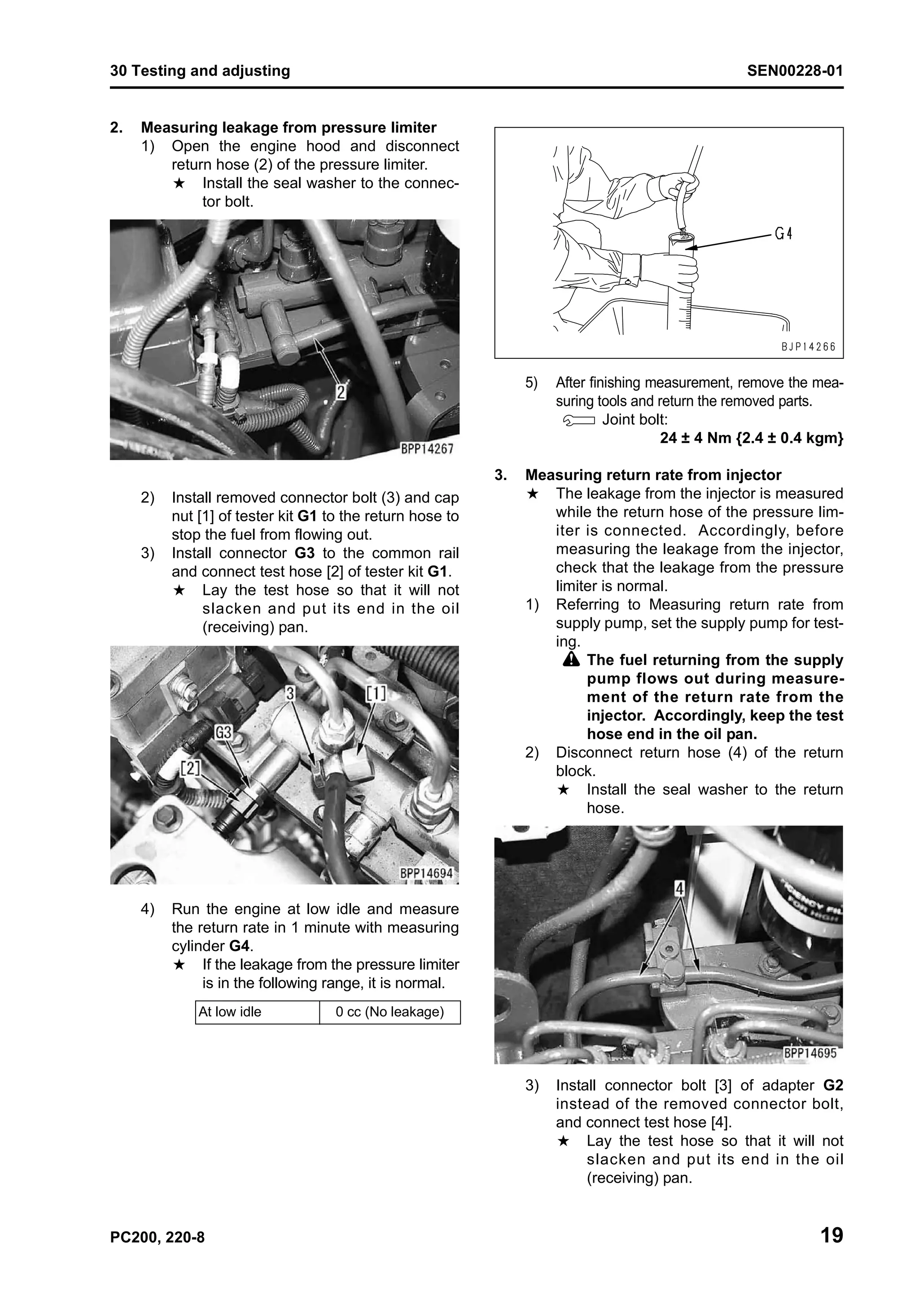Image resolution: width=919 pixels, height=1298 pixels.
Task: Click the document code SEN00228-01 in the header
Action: point(795,71)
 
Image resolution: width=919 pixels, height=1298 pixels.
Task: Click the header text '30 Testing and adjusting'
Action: point(200,71)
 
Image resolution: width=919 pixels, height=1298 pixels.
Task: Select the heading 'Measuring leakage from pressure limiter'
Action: point(289,128)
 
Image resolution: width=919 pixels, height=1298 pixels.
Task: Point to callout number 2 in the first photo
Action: point(341,391)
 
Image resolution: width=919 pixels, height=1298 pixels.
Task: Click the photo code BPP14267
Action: point(427,449)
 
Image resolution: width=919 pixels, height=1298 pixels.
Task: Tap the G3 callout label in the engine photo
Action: point(223,732)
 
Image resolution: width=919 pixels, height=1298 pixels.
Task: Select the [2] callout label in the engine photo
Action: point(191,768)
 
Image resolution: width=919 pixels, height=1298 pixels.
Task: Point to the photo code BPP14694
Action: point(426,873)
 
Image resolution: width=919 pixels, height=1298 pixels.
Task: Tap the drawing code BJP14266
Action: point(809,347)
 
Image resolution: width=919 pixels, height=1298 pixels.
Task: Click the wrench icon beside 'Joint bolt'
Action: point(579,421)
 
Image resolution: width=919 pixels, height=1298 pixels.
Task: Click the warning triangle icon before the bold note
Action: point(572,660)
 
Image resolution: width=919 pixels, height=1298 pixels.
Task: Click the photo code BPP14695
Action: point(810,1053)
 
